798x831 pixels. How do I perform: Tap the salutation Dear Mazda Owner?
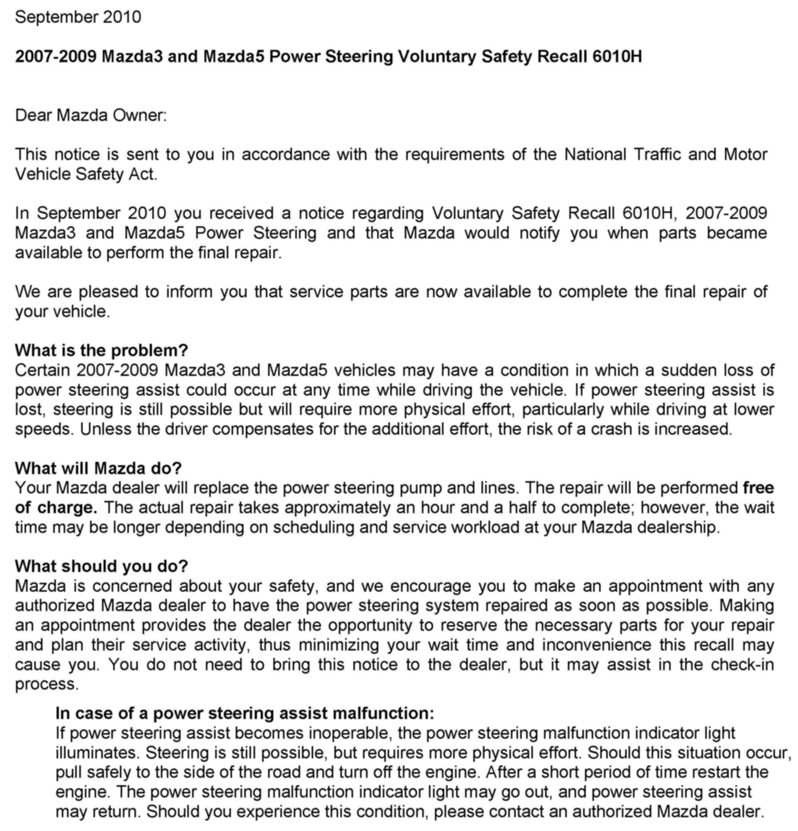tap(91, 115)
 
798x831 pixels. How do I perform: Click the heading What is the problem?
tap(101, 350)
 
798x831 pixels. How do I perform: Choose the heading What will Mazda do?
tap(98, 468)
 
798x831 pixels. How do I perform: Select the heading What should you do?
tap(101, 566)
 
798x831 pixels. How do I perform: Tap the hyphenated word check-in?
tap(742, 664)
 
